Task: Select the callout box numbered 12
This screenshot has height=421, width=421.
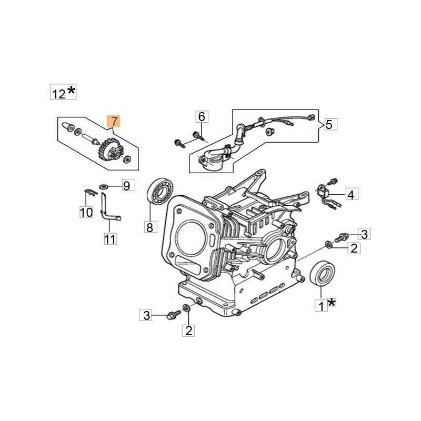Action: point(58,93)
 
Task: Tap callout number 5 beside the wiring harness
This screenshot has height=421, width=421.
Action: point(329,124)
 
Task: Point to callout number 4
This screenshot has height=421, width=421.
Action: point(352,194)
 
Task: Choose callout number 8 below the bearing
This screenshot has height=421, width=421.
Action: point(149,227)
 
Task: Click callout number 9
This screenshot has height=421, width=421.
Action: point(126,185)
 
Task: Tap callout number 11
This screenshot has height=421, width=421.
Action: point(110,239)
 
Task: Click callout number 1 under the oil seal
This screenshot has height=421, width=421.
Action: point(320,305)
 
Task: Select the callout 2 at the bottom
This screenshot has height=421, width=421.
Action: point(188,330)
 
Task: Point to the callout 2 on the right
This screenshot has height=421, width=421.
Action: point(354,248)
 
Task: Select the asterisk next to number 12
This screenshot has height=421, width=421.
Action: point(71,92)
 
